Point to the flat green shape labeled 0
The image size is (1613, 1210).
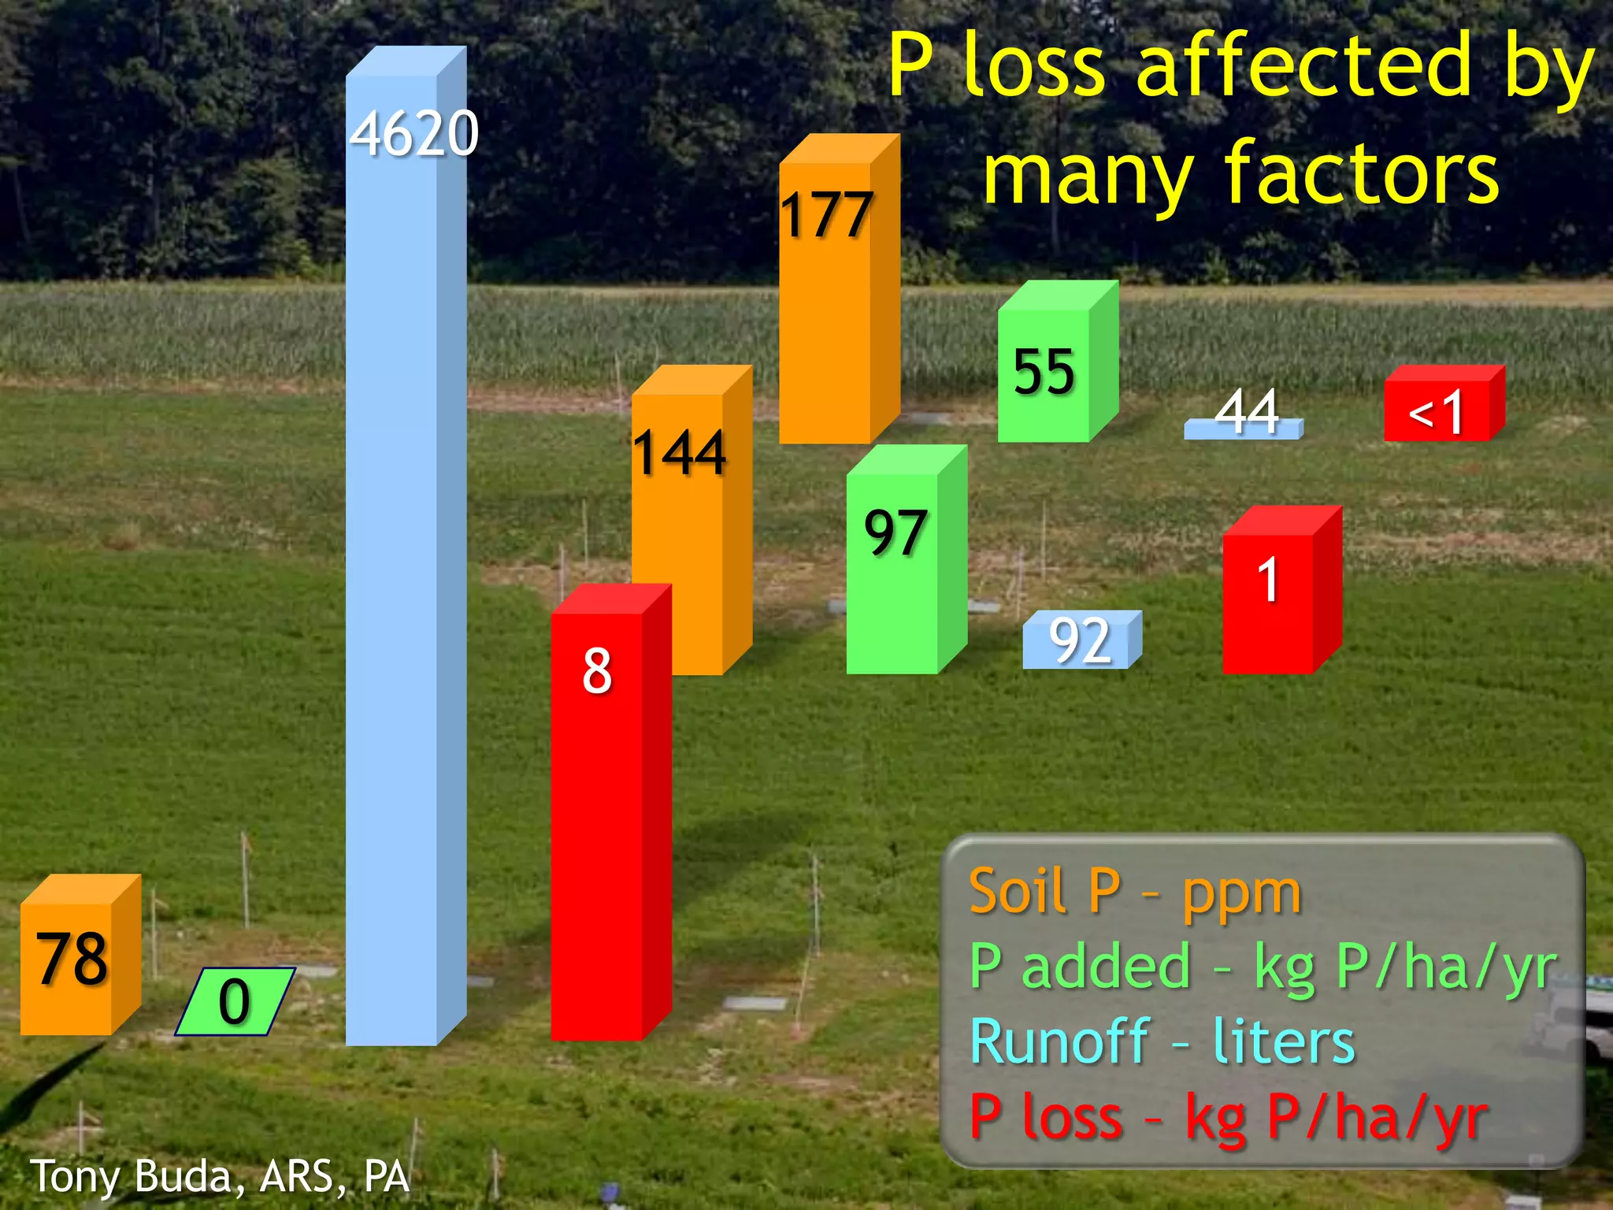pos(234,1001)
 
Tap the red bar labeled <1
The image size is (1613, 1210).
pos(1437,410)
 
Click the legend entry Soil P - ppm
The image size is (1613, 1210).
pos(1135,892)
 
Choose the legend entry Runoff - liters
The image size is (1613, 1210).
pos(1162,1041)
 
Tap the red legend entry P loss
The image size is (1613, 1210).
pos(1228,1117)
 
